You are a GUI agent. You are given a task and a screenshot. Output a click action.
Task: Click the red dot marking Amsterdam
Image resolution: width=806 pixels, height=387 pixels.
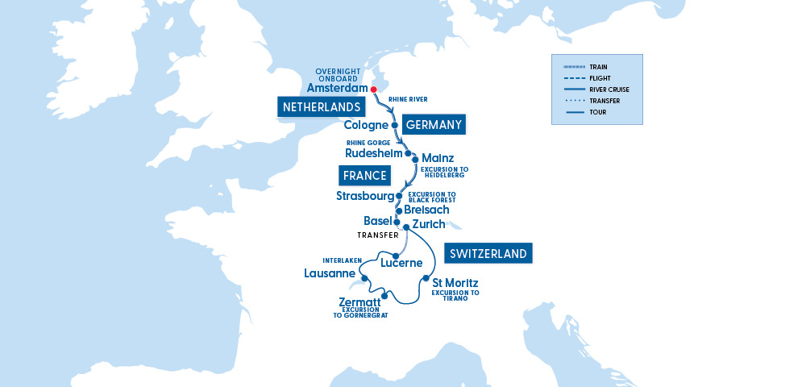374,89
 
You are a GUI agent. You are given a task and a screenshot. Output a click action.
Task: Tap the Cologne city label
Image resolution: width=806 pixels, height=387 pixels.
366,126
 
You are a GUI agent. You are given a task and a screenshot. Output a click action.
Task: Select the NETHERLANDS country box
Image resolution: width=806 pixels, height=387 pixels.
320,106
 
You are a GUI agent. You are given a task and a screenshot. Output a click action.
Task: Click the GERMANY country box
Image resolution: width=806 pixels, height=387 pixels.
434,124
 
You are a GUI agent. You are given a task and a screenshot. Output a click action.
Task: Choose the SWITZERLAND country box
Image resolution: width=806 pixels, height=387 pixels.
488,253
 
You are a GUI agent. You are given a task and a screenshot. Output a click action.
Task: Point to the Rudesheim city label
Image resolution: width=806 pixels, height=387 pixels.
373,154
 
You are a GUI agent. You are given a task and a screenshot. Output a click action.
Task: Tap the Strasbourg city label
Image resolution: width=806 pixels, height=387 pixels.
364,196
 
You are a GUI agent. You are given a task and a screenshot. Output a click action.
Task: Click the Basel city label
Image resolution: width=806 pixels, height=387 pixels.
377,222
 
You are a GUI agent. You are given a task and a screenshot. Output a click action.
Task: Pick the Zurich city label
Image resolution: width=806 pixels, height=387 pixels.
428,224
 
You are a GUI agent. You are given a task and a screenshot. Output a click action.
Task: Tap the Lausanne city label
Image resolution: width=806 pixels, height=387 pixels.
330,273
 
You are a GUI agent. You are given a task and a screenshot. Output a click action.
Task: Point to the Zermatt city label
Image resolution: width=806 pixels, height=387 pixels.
359,302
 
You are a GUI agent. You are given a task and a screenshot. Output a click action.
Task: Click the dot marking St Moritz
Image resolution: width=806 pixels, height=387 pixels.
425,279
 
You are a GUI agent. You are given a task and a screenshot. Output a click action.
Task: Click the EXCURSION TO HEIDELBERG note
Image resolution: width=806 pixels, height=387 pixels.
444,173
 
